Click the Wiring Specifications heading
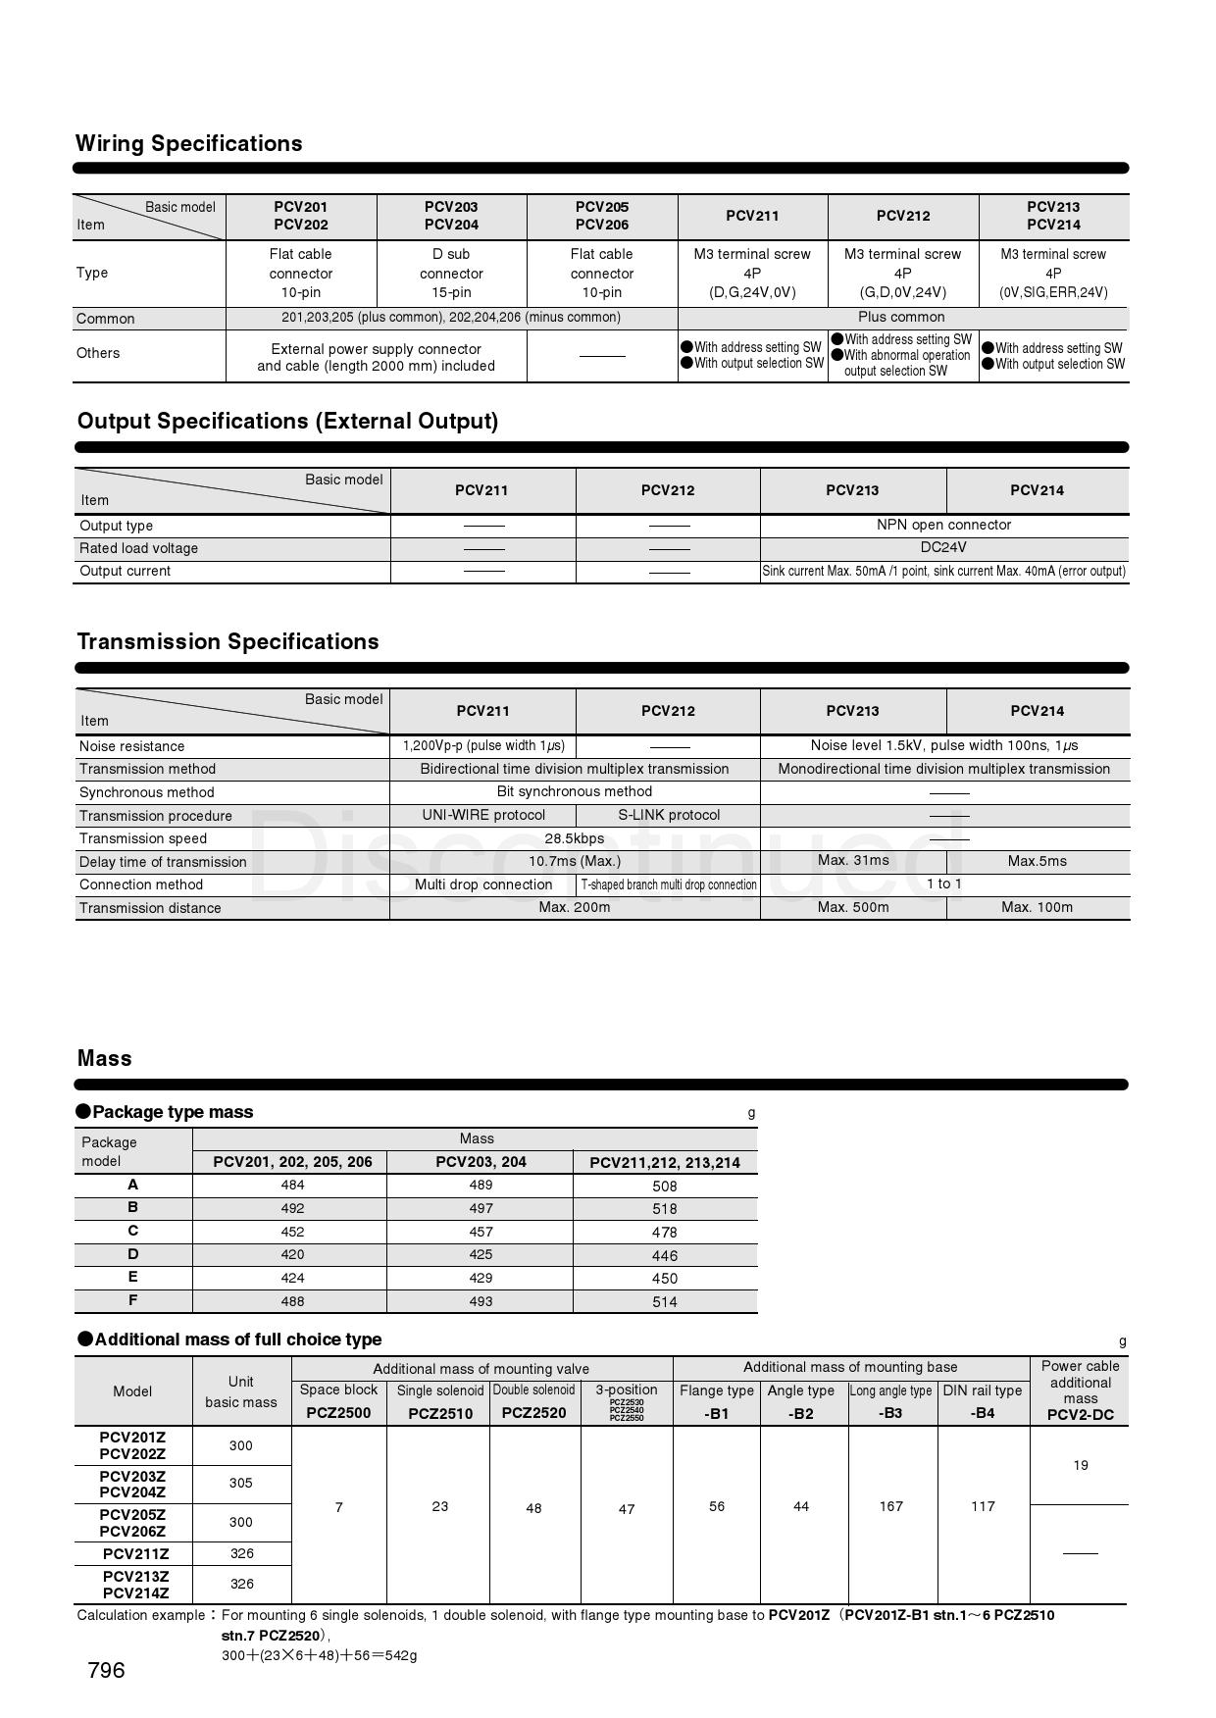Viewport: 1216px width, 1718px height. pos(188,143)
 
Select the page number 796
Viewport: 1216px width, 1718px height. pos(106,1670)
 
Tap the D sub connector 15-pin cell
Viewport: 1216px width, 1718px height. pos(451,273)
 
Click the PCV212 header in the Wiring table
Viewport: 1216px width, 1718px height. pos(902,216)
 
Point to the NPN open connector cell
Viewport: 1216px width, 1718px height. pos(943,525)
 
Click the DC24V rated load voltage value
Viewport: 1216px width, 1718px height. pos(943,547)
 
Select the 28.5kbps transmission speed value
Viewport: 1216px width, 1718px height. pos(574,838)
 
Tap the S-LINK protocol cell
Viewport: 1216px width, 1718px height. pos(668,815)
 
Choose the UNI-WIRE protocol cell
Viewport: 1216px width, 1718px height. pos(483,815)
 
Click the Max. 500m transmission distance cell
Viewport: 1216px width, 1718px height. pos(853,907)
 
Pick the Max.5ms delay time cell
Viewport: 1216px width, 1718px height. pos(1037,861)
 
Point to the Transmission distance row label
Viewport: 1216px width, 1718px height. pos(150,908)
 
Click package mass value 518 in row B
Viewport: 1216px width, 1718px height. pos(664,1209)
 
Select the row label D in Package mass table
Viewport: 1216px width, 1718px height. pos(132,1254)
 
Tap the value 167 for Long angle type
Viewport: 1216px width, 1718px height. pos(890,1506)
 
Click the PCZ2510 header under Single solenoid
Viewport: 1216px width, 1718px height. pos(440,1413)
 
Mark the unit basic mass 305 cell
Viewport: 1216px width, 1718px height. pos(241,1483)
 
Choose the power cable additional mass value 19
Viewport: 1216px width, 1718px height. pos(1080,1465)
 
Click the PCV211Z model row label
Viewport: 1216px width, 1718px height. pos(135,1553)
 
